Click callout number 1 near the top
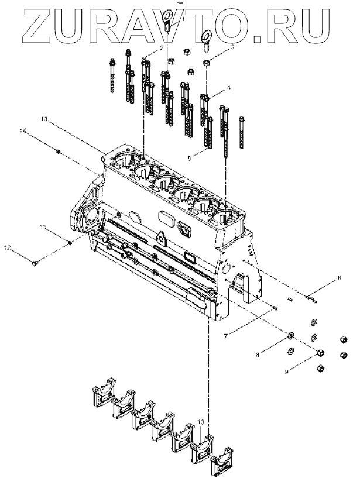[x=183, y=19]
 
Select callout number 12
[x=8, y=248]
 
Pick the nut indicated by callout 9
[x=321, y=353]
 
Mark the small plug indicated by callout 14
[x=58, y=152]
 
